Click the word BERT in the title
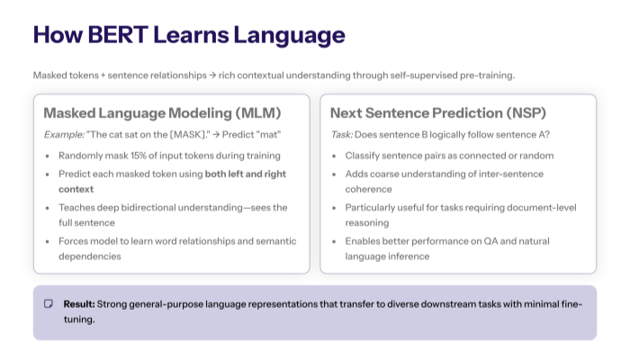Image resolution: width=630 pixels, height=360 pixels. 114,35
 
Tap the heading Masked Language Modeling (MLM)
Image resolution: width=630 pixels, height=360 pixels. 162,113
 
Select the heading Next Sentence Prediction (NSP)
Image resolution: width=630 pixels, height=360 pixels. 437,113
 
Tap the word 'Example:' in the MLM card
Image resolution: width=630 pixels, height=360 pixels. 64,134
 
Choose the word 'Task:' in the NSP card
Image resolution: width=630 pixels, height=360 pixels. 342,134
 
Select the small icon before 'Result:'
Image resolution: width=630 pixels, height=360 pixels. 49,304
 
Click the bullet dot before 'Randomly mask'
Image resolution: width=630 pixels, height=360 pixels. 49,156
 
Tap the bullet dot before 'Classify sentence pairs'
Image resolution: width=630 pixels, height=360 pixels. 335,156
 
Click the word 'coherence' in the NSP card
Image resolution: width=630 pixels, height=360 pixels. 369,190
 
